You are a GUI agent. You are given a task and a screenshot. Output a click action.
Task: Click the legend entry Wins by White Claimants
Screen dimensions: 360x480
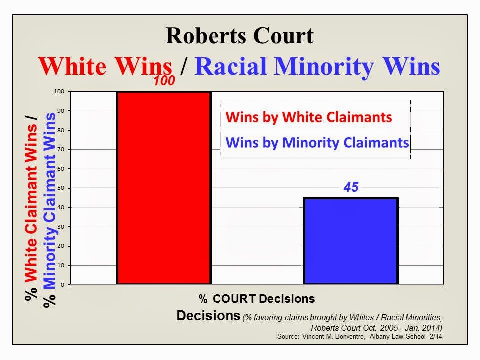(x=308, y=117)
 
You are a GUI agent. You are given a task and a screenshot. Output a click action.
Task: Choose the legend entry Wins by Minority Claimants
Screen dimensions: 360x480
(x=317, y=143)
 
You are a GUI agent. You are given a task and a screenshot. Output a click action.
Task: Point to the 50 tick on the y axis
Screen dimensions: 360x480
(x=63, y=188)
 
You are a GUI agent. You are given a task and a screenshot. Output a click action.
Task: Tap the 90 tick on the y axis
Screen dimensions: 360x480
(x=63, y=111)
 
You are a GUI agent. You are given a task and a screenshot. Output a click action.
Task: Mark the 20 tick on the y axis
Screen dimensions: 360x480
(x=63, y=246)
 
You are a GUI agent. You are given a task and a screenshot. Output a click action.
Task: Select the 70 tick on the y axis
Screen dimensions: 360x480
(x=63, y=150)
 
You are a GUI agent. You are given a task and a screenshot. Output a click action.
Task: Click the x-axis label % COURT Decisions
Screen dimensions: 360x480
(x=257, y=299)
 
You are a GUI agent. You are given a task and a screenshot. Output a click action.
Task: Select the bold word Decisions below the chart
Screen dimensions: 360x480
(x=208, y=316)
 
